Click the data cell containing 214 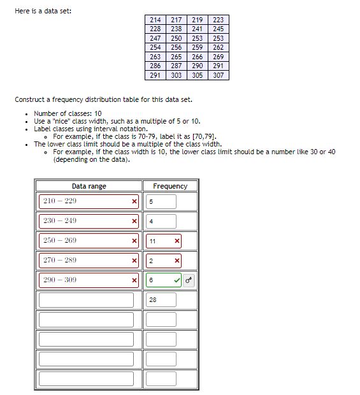coord(155,20)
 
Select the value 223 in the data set coord(219,20)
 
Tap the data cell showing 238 coord(176,29)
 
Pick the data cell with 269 coord(219,57)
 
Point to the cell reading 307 coord(219,75)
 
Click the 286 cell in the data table coord(155,66)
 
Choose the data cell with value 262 coord(219,48)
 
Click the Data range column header coord(89,186)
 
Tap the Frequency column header coord(170,186)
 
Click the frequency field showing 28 coord(161,299)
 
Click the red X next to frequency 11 coord(176,241)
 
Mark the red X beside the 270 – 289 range coord(134,261)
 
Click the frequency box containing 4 coord(161,221)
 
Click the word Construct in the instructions coord(29,99)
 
